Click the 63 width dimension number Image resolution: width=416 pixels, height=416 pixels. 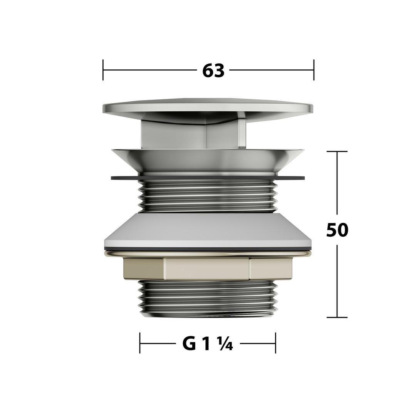pyautogui.click(x=213, y=70)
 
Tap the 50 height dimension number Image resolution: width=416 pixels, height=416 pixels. pyautogui.click(x=337, y=230)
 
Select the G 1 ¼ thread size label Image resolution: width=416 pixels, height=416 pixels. pyautogui.click(x=208, y=344)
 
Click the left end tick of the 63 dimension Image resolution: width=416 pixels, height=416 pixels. pyautogui.click(x=103, y=70)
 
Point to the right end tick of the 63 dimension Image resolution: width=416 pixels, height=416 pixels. pyautogui.click(x=314, y=70)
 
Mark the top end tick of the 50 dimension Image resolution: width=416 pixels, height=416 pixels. pyautogui.click(x=337, y=151)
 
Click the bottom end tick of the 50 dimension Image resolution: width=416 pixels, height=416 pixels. pyautogui.click(x=337, y=317)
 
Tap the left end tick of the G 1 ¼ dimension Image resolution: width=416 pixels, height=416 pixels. pyautogui.click(x=140, y=343)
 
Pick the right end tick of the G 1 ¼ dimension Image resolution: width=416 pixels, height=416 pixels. pyautogui.click(x=276, y=343)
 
